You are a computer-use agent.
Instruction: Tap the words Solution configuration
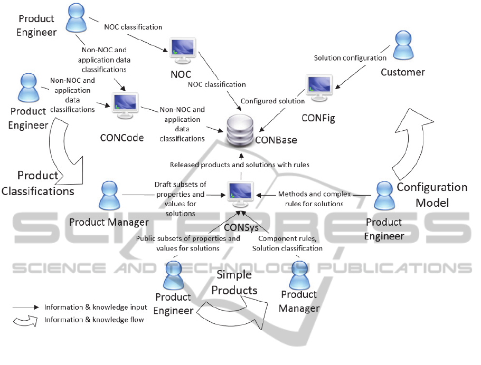pos(350,58)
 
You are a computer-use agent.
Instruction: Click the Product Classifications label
pos(37,183)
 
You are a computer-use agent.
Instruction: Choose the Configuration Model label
pos(432,195)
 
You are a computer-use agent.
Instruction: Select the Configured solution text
pos(272,101)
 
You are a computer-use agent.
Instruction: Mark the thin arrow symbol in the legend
pos(26,307)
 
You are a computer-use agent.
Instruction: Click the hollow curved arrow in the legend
pos(26,320)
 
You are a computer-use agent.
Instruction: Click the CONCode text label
pos(121,138)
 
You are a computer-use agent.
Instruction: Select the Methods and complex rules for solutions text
pos(311,199)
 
